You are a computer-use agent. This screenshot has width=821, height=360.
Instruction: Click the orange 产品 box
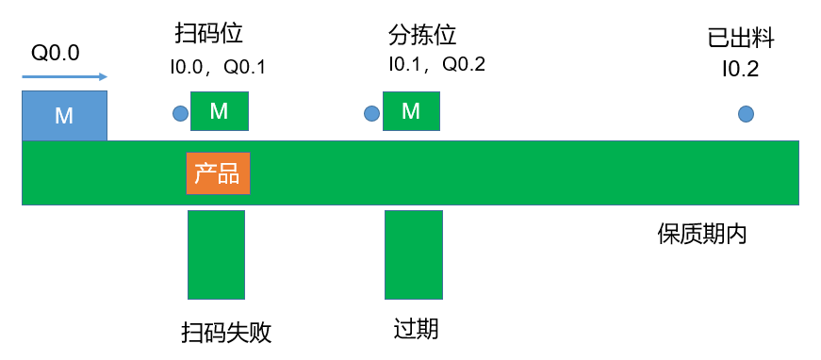point(218,173)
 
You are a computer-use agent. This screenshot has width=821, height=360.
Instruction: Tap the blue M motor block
point(64,116)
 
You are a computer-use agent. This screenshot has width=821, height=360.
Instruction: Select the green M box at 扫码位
point(220,111)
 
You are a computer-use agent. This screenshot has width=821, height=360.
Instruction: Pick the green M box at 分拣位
point(411,111)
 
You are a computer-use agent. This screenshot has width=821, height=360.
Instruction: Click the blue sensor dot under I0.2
point(747,113)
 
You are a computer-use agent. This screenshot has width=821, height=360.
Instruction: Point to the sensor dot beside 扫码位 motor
point(180,113)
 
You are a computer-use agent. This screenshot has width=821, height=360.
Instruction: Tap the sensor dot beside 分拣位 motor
point(371,113)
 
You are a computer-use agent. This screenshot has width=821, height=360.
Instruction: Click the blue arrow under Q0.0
point(64,77)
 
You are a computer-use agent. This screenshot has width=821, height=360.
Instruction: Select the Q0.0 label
point(56,53)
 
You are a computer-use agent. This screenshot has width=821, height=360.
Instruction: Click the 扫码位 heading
point(209,35)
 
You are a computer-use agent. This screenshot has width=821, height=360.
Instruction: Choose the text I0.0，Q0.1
point(218,67)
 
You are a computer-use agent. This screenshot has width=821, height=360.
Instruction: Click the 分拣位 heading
point(422,36)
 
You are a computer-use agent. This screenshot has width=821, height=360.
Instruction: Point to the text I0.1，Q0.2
point(436,64)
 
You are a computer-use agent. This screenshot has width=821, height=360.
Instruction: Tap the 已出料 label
point(741,39)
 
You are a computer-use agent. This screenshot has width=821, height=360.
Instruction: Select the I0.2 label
point(740,70)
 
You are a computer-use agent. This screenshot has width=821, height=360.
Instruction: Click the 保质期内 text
point(702,235)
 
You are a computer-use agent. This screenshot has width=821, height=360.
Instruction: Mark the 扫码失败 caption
point(227,333)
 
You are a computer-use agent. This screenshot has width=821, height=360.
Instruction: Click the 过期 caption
point(416,330)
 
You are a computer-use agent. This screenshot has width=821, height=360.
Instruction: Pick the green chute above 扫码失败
point(216,254)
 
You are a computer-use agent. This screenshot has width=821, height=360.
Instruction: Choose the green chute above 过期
point(414,254)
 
